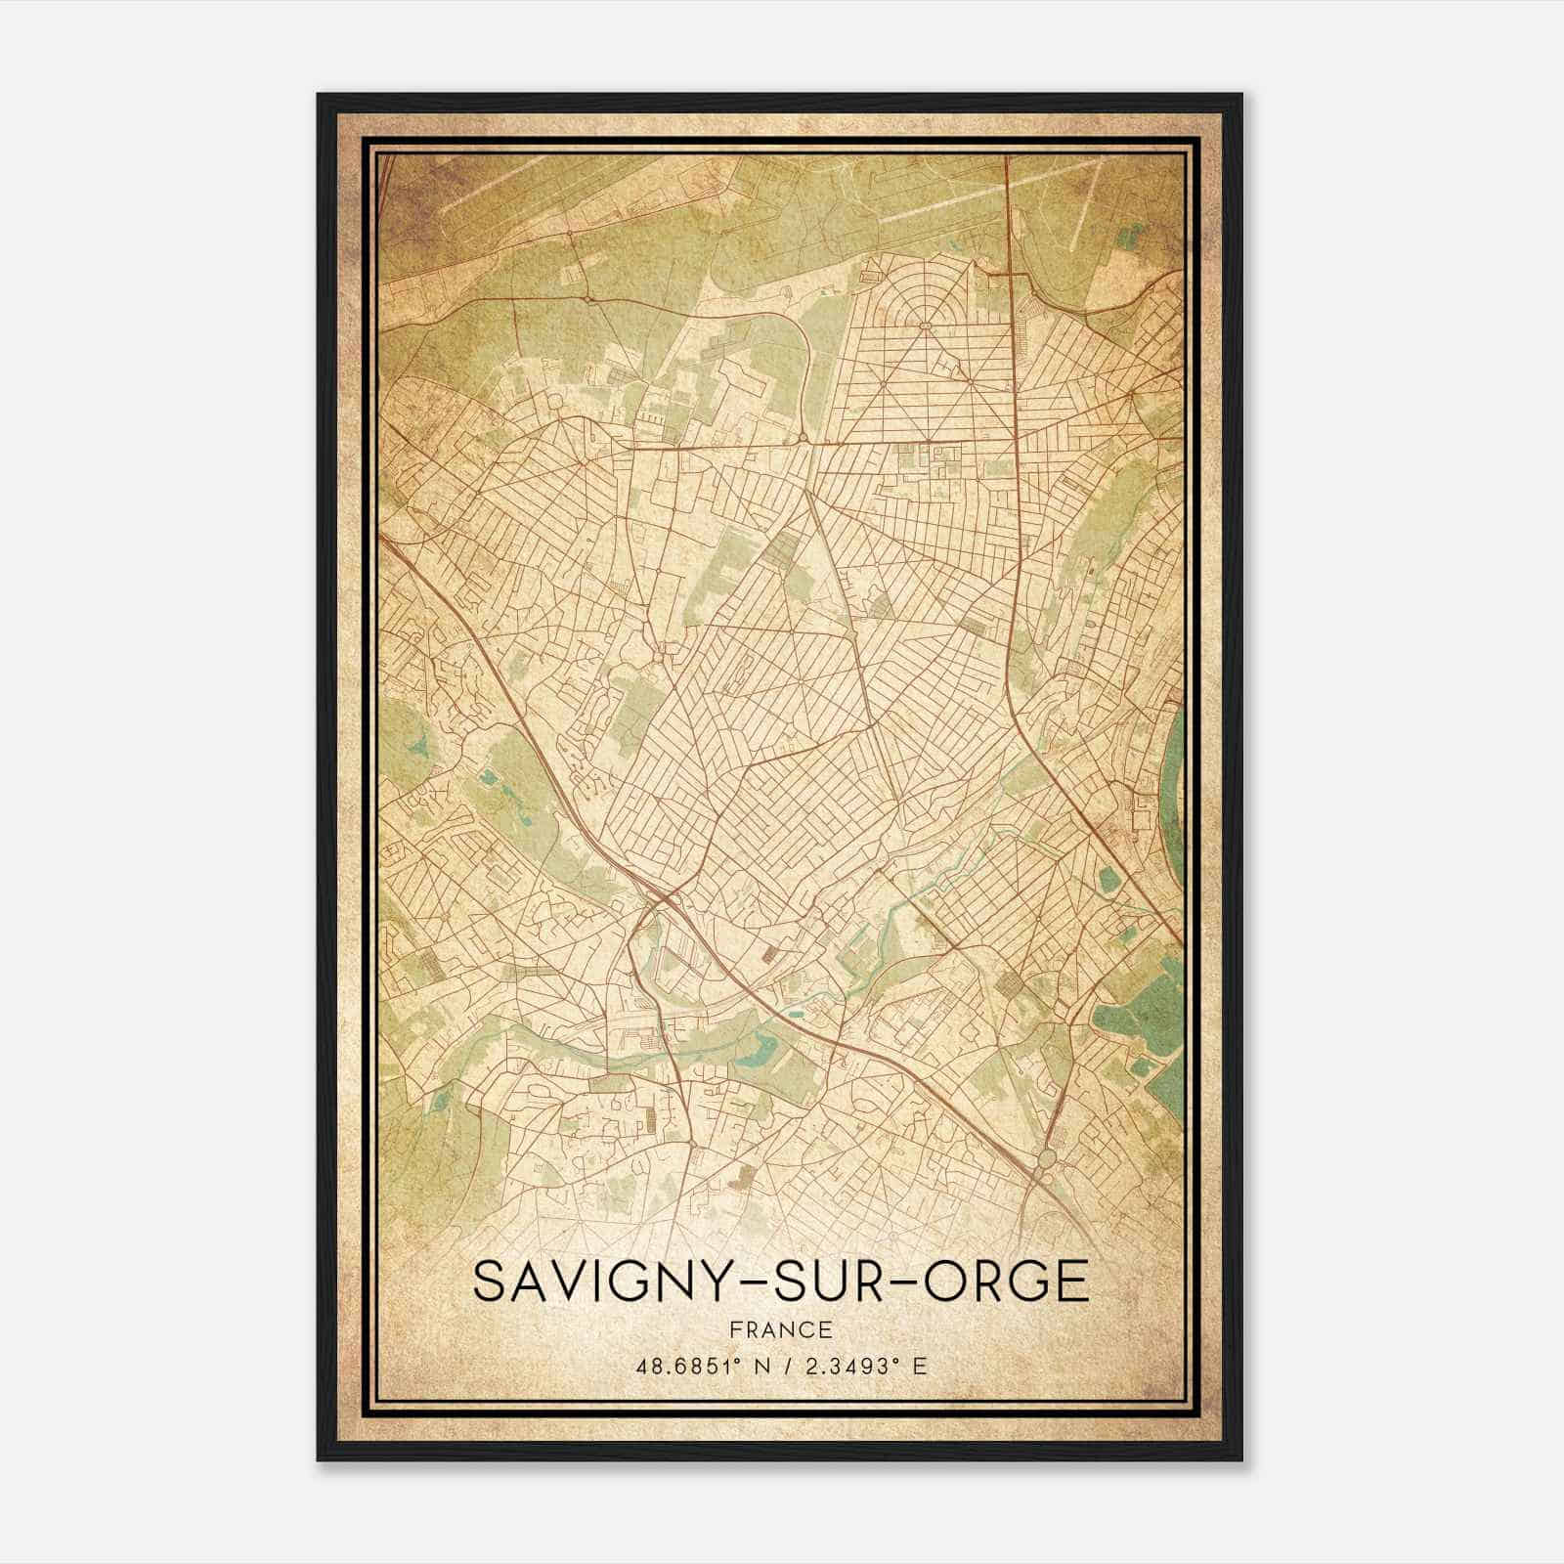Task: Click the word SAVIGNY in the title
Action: point(599,1282)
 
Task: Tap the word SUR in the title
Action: point(827,1282)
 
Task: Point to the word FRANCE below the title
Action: point(780,1329)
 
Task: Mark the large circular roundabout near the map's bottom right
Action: point(1047,1159)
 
